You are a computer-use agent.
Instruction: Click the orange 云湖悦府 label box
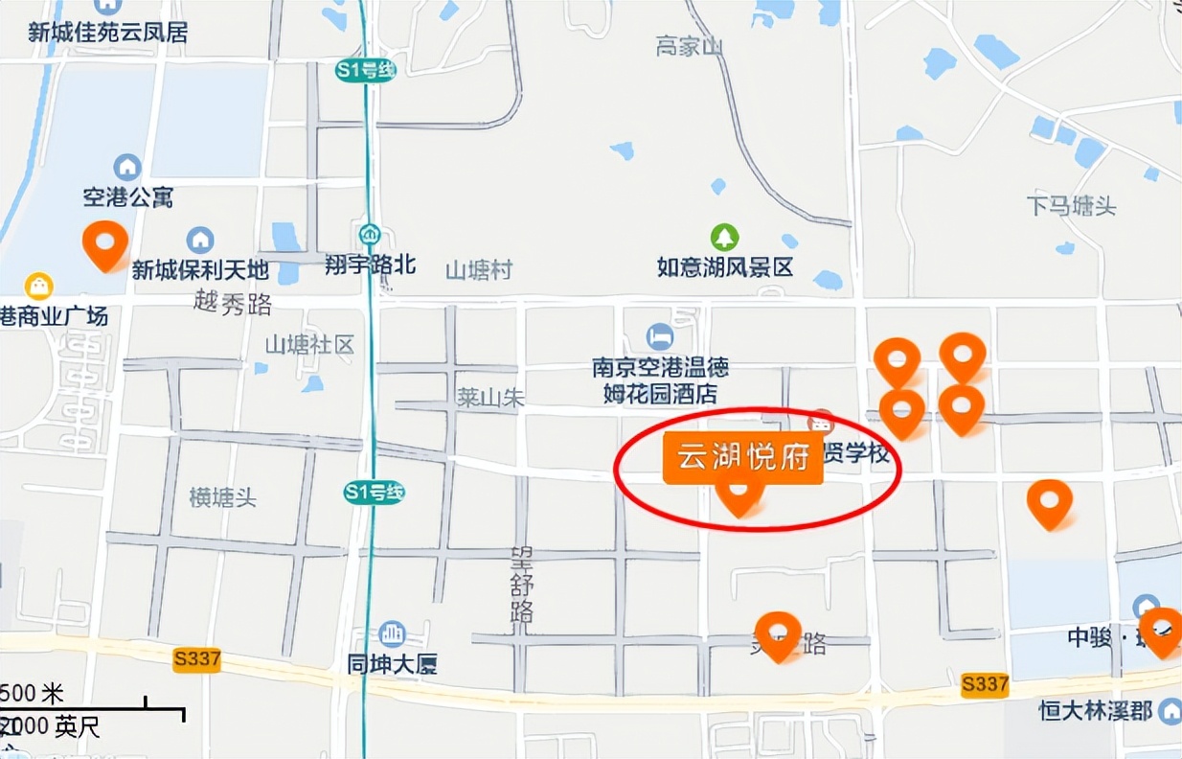742,457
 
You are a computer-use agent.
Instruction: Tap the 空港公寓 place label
128,197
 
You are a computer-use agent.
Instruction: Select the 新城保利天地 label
200,270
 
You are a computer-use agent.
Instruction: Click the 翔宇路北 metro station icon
370,234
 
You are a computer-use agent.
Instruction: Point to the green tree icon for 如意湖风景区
724,236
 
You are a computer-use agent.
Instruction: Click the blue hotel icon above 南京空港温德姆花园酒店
659,335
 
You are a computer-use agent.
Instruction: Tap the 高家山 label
690,46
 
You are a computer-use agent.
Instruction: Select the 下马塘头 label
1071,205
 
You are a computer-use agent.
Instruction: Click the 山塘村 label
479,270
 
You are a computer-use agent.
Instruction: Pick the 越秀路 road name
233,304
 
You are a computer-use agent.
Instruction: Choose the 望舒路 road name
523,584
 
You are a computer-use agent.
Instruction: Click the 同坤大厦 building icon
392,633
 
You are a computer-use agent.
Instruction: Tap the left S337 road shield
197,659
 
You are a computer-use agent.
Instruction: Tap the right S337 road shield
984,683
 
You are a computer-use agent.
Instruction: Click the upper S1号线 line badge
366,71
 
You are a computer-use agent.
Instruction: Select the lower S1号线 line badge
374,493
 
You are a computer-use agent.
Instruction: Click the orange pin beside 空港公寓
105,243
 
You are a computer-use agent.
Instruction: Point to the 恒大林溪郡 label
1096,711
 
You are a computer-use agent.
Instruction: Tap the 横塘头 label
222,497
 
